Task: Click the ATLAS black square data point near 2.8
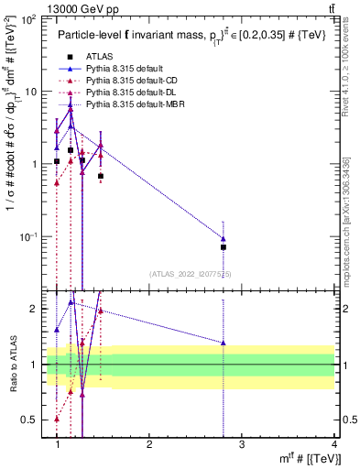pyautogui.click(x=224, y=246)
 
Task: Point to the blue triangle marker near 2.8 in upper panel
pyautogui.click(x=224, y=238)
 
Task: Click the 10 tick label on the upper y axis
pyautogui.click(x=31, y=92)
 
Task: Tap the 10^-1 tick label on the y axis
pyautogui.click(x=28, y=237)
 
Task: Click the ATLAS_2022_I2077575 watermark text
pyautogui.click(x=191, y=274)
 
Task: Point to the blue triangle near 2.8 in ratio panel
pyautogui.click(x=224, y=343)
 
